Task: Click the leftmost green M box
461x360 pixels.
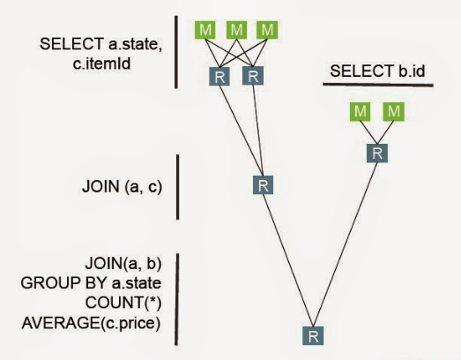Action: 204,30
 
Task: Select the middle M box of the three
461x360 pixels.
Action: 237,30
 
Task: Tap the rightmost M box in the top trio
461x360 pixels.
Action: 267,30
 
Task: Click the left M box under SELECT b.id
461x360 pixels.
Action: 361,111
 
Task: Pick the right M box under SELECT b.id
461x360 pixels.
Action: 394,111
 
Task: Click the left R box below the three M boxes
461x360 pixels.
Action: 219,77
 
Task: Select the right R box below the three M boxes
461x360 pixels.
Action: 253,76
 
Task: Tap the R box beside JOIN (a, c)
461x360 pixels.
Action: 264,185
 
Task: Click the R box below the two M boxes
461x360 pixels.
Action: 377,154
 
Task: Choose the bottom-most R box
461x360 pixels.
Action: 313,335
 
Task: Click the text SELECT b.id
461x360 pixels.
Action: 377,71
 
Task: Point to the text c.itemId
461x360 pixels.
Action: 101,64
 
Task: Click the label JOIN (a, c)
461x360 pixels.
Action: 122,187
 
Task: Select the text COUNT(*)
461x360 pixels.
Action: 123,303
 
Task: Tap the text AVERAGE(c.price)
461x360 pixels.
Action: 91,323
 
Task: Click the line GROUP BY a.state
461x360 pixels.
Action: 91,283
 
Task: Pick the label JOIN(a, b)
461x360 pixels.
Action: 123,264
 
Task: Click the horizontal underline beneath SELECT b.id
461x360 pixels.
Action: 378,85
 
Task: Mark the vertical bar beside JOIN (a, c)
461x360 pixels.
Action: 177,187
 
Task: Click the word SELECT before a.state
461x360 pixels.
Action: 71,44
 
